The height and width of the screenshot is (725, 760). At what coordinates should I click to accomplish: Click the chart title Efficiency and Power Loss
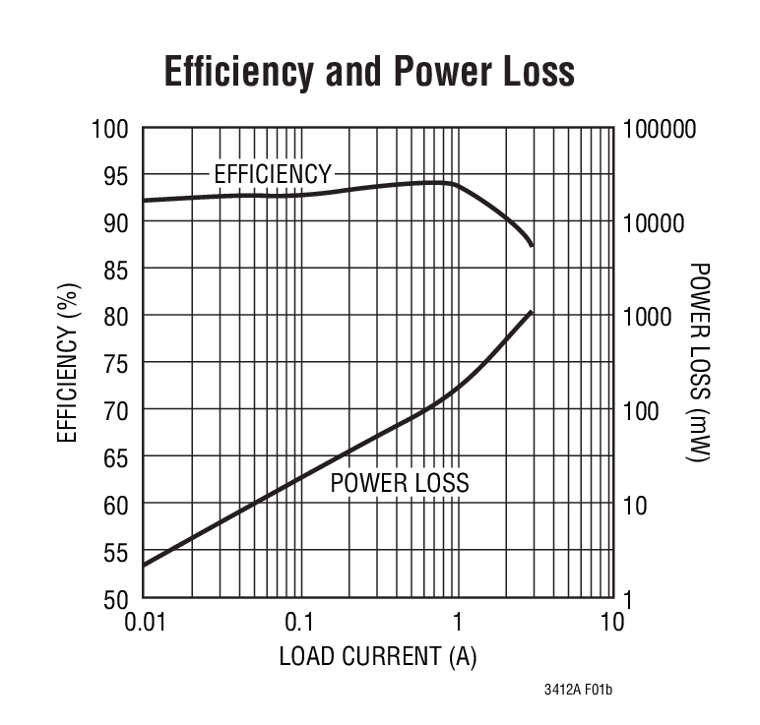[x=368, y=73]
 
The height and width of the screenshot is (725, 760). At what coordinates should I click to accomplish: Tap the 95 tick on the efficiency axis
[x=115, y=175]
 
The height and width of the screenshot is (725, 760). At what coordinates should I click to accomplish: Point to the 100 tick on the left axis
[x=109, y=129]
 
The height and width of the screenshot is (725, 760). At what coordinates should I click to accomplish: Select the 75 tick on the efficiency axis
[x=115, y=363]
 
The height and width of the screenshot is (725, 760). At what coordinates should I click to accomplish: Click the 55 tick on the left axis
[x=115, y=552]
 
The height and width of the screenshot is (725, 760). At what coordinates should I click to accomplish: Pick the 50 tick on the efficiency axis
[x=115, y=598]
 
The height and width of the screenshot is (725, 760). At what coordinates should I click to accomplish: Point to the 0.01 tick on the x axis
[x=143, y=623]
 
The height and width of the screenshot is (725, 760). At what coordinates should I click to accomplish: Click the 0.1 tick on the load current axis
[x=298, y=623]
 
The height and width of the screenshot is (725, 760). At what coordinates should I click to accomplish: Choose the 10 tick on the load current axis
[x=612, y=623]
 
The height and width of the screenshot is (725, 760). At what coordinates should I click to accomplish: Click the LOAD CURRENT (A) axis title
[x=378, y=656]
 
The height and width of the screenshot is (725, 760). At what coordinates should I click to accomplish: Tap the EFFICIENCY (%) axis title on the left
[x=67, y=363]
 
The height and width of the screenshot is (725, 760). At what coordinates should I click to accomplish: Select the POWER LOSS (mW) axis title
[x=699, y=363]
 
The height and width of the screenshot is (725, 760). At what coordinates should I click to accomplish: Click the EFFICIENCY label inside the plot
[x=273, y=175]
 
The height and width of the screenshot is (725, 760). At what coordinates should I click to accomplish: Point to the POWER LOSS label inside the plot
[x=399, y=483]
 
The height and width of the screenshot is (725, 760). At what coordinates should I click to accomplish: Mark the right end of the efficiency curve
[x=532, y=245]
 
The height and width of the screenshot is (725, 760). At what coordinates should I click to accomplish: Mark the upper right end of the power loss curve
[x=532, y=312]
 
